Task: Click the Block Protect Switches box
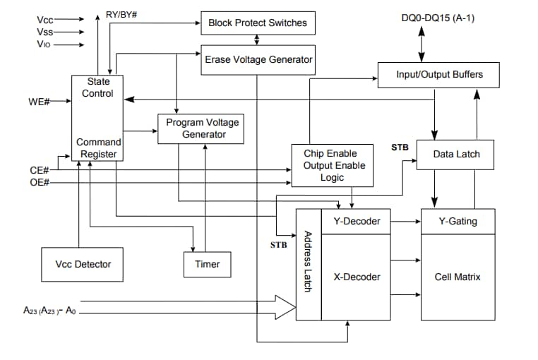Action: point(257,23)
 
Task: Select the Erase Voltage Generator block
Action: point(258,60)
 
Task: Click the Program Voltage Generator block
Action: point(202,128)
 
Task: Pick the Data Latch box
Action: point(456,154)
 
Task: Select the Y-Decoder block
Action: point(356,221)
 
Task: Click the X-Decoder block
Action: point(356,277)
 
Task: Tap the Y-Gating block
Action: point(458,221)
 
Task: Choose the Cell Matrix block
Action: point(458,277)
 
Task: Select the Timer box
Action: point(207,264)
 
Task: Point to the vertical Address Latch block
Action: point(309,264)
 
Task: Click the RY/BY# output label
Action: point(121,14)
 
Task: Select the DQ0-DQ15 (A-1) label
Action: point(437,17)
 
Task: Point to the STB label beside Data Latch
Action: point(399,148)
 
